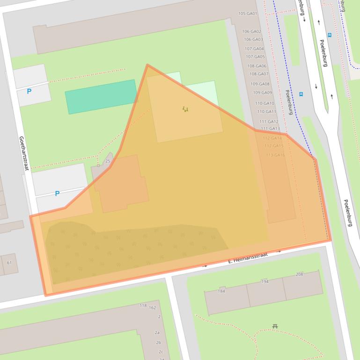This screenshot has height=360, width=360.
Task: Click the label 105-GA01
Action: click(x=248, y=14)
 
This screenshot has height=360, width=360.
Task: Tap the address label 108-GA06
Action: click(x=257, y=66)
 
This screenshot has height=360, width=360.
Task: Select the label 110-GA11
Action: click(x=267, y=112)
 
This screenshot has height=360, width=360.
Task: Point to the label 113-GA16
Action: click(x=275, y=155)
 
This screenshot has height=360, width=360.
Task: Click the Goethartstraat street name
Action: click(x=24, y=153)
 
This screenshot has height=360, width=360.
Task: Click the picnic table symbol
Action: click(x=275, y=326)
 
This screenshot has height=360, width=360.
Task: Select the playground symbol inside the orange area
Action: click(x=185, y=109)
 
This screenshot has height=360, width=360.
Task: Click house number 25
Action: click(x=108, y=161)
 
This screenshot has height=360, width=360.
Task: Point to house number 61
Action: click(x=9, y=263)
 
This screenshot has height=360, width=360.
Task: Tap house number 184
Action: click(x=221, y=291)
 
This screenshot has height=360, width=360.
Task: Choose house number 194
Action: click(x=265, y=281)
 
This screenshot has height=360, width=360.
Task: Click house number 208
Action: click(x=300, y=274)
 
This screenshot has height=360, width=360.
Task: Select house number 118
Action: click(x=143, y=305)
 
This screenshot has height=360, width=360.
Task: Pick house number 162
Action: click(x=152, y=308)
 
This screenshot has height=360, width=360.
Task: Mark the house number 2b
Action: click(x=158, y=342)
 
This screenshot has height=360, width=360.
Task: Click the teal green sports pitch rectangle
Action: click(x=101, y=96)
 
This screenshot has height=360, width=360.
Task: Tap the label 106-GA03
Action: click(x=253, y=40)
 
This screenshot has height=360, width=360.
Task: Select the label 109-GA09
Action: click(x=262, y=93)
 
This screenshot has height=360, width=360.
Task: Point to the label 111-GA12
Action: click(x=269, y=122)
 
